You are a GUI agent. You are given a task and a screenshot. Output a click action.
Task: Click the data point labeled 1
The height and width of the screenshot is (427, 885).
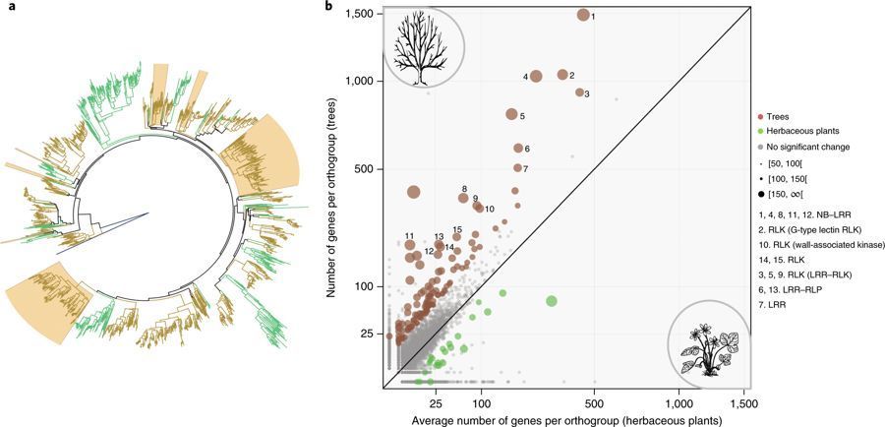[x=583, y=15]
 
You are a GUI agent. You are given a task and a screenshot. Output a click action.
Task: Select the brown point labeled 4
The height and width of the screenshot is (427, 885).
[x=536, y=77]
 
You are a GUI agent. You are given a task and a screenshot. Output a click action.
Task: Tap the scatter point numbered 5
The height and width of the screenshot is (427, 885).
[x=511, y=114]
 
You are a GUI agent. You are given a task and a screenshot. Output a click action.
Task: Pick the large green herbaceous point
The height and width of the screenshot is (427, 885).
[x=552, y=300]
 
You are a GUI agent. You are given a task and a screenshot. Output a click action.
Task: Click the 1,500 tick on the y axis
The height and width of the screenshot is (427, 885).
[x=360, y=14]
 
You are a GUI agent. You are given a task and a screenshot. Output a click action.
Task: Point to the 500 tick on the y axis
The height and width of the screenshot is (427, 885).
[x=366, y=169]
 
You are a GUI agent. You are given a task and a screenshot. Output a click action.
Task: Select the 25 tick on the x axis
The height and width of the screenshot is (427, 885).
[x=436, y=403]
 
